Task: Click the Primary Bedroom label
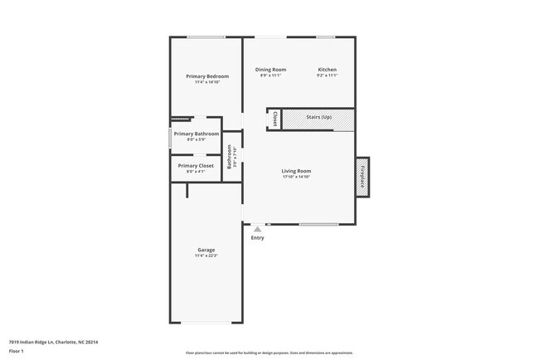coord(206,76)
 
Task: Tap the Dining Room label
coord(270,70)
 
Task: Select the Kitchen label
coord(327,70)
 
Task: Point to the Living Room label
coord(296,171)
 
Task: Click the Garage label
coord(206,250)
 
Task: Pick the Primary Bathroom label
coord(197,134)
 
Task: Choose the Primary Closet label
coord(196,166)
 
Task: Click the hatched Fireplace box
coord(362,176)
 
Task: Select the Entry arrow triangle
coord(257,229)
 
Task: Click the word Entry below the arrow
coord(257,238)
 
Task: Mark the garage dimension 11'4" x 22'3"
coord(206,255)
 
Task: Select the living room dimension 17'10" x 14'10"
coord(296,177)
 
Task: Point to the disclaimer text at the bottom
coord(269,353)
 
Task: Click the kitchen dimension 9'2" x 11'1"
coord(327,75)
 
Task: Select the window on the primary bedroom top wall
coord(205,36)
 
